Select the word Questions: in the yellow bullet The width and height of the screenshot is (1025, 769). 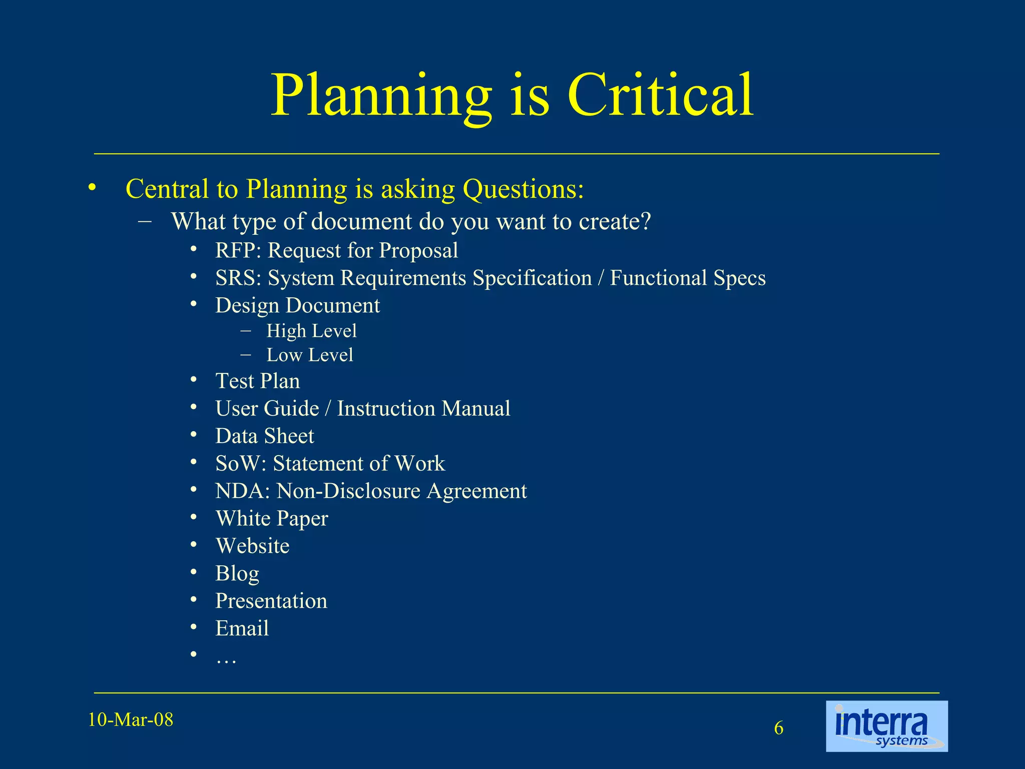523,189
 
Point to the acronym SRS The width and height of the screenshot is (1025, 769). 236,278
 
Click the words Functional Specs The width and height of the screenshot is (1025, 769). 688,278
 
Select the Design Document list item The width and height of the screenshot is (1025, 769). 297,305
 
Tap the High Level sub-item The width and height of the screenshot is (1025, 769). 311,331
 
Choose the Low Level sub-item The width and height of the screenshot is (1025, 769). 309,355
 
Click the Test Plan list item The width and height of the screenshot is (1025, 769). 257,381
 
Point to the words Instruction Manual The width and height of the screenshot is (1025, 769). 423,409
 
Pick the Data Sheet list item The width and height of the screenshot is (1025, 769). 264,436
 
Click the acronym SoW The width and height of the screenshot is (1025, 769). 238,464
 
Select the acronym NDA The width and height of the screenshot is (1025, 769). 239,491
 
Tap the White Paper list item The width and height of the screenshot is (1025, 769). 272,519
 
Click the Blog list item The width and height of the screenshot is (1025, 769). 237,573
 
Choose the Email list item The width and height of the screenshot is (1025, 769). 242,628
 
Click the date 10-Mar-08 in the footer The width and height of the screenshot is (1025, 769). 131,720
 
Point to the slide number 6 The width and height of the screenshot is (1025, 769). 779,728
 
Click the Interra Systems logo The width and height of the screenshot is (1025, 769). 886,726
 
